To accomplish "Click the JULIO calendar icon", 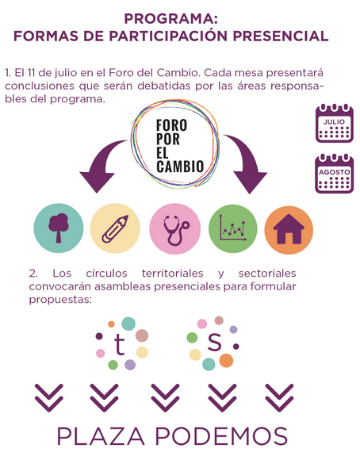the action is coord(335,123).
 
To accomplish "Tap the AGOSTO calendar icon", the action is coord(335,174).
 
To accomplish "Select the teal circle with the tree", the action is coord(59,228).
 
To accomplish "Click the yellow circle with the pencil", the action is coord(115,228).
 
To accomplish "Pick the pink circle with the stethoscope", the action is coord(174,229).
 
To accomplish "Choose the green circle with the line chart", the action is coord(233,229).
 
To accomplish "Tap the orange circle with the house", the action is coord(289,230).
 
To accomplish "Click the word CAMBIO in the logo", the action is coord(180,167).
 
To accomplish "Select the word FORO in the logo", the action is coord(171,125).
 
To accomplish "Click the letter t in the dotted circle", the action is coord(119,344).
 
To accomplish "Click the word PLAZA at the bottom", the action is coord(101,436).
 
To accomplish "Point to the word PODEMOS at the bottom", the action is coord(221,436).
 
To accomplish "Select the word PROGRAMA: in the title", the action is coord(171,19).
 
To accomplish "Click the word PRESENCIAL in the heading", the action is coord(281,36).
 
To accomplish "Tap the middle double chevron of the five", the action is coord(165,398).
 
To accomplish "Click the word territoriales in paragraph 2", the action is coord(172,274).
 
